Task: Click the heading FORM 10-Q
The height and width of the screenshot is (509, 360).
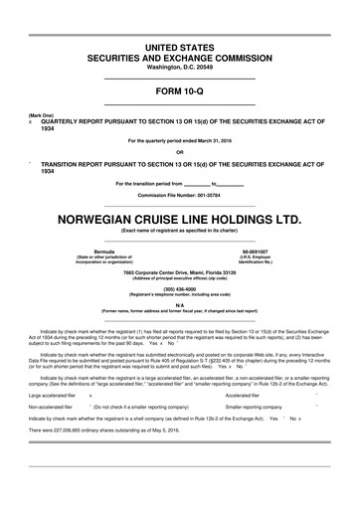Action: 180,90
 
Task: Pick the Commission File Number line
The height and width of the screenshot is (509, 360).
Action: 180,195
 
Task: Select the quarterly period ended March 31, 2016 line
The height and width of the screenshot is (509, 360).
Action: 180,140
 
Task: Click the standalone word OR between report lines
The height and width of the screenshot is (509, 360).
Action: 180,152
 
